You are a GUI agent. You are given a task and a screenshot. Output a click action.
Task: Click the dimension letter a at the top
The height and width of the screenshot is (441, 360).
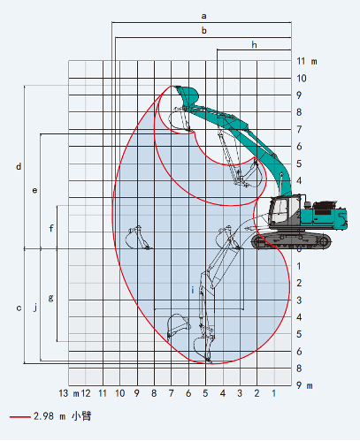(x=203, y=16)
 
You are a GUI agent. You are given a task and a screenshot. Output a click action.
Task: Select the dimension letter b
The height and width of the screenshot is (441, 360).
(x=204, y=30)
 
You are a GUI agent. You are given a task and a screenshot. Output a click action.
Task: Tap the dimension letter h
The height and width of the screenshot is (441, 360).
(x=254, y=45)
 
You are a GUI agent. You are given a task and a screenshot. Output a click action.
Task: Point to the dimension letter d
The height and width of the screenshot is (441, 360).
(x=19, y=166)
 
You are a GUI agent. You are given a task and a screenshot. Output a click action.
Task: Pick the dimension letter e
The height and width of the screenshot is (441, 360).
(x=34, y=190)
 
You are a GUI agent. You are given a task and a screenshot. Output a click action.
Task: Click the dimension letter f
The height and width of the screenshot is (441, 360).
(x=51, y=228)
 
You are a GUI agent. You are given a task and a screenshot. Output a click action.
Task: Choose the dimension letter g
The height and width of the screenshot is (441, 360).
(x=51, y=298)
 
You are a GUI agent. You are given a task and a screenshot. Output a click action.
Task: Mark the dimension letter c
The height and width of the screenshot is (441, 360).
(x=19, y=308)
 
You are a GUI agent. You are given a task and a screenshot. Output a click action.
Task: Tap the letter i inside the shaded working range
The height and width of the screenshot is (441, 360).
(x=193, y=290)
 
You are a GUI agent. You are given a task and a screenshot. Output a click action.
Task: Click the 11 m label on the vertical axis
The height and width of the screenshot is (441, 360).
(x=307, y=61)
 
